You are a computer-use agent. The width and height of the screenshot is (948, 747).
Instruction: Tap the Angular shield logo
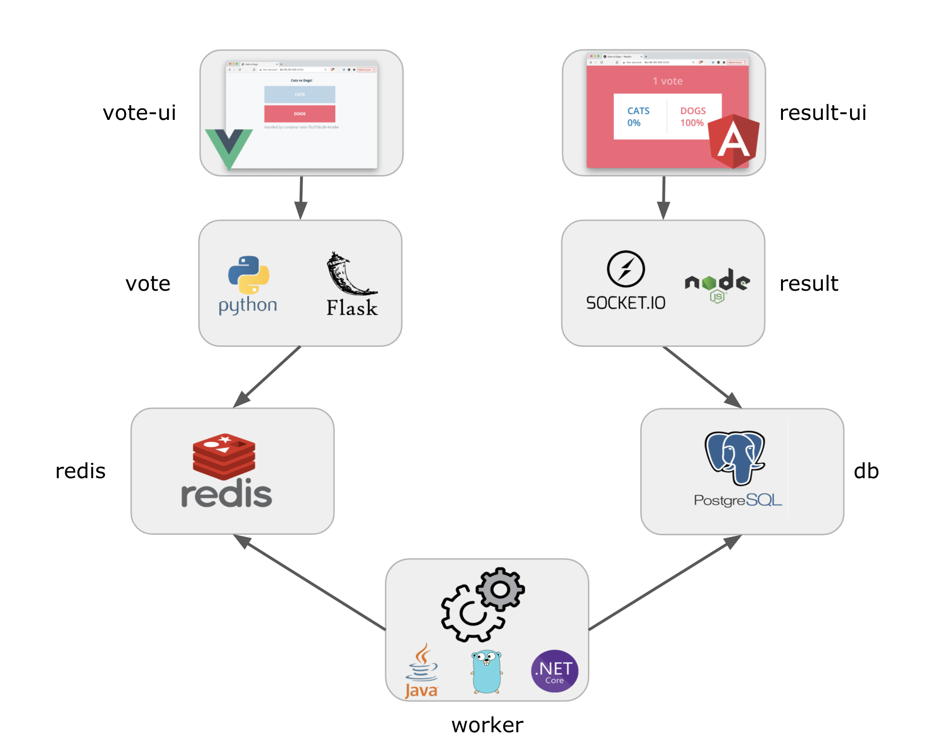pyautogui.click(x=733, y=141)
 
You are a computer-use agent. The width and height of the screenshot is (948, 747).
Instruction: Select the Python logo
pyautogui.click(x=248, y=275)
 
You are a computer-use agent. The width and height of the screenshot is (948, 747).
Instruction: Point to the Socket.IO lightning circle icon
pyautogui.click(x=625, y=269)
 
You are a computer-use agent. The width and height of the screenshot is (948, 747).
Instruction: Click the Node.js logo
pyautogui.click(x=717, y=284)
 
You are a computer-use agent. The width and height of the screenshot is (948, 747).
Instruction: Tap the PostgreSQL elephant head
pyautogui.click(x=735, y=457)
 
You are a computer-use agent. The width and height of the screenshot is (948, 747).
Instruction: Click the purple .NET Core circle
pyautogui.click(x=554, y=671)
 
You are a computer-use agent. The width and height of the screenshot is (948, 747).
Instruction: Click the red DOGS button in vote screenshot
pyautogui.click(x=300, y=114)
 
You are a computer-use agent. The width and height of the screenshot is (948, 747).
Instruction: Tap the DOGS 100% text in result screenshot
pyautogui.click(x=693, y=117)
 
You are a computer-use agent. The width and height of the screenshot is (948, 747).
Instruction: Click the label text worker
pyautogui.click(x=487, y=725)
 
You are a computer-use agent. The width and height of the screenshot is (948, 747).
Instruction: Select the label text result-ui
pyautogui.click(x=822, y=113)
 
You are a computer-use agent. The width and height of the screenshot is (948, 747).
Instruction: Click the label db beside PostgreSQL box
pyautogui.click(x=866, y=471)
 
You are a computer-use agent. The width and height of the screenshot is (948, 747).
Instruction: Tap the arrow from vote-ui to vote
pyautogui.click(x=301, y=197)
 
